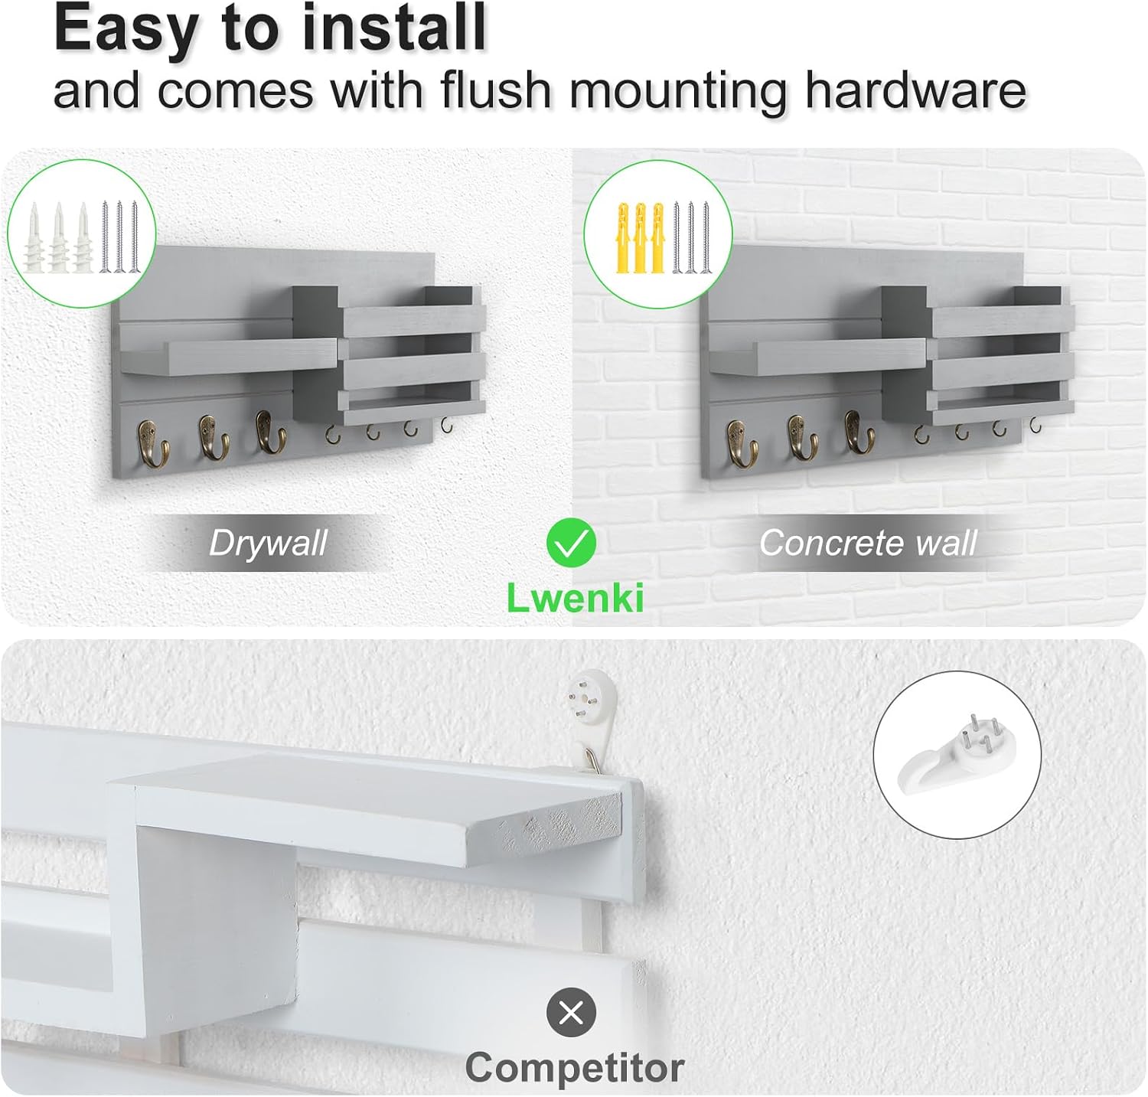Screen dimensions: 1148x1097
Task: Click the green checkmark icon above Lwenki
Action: coord(572,543)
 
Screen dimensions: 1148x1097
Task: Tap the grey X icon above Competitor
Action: coord(571,1013)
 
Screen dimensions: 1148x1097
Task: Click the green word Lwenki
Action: coord(575,598)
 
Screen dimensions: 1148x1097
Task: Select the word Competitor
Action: coord(574,1067)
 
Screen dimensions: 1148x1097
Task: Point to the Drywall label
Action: coord(268,543)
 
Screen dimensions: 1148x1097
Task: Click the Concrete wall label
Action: coord(867,543)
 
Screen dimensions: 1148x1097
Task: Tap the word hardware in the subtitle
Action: coord(915,90)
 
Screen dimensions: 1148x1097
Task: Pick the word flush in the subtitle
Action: coord(496,90)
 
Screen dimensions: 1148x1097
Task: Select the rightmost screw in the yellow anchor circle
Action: coord(706,237)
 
